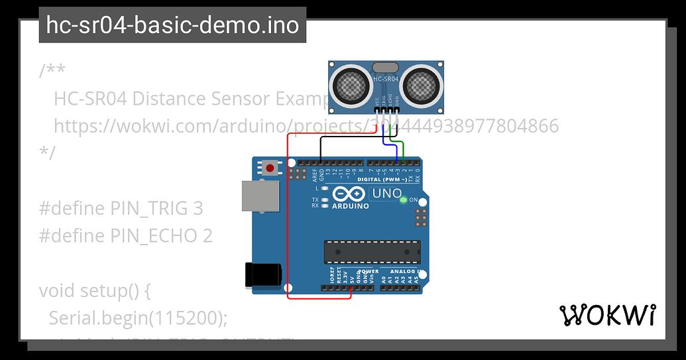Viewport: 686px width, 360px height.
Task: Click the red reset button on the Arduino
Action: tap(270, 168)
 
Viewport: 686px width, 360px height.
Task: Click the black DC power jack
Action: tap(264, 275)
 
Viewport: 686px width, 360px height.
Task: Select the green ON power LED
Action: tap(404, 200)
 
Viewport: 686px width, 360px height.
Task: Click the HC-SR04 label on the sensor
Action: tap(386, 80)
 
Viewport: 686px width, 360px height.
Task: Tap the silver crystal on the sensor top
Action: tap(386, 67)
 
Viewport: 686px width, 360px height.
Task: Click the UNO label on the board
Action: tap(386, 194)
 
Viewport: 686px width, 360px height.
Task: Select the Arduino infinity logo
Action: tap(349, 194)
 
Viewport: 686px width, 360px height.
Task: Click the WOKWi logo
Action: tap(608, 316)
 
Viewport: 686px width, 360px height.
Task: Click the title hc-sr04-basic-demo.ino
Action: tap(172, 25)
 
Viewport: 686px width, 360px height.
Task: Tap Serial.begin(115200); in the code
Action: tap(138, 318)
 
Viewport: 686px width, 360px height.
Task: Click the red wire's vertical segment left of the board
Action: tap(287, 219)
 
